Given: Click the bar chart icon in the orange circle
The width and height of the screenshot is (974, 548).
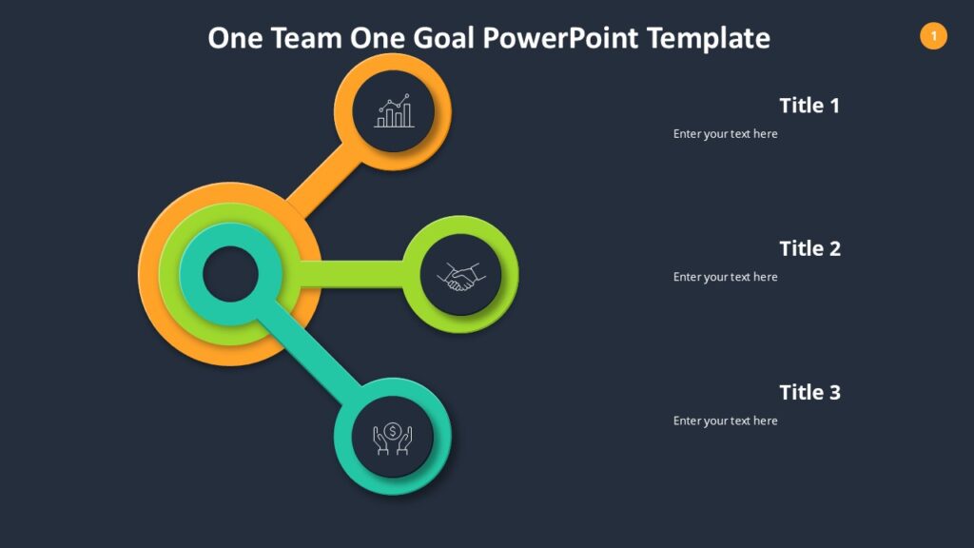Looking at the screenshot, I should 394,111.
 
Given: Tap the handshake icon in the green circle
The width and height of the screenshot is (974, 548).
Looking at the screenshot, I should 461,276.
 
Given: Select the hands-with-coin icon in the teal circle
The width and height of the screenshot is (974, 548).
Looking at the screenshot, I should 393,438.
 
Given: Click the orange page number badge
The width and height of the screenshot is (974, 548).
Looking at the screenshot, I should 933,36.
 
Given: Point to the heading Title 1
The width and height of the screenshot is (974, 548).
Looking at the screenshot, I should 809,106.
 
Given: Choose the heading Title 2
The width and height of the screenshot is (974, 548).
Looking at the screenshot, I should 809,249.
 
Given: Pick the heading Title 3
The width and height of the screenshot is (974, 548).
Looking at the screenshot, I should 809,392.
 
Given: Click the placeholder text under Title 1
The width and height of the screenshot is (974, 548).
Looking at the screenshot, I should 725,134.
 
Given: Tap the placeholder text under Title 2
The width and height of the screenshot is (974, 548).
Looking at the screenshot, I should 725,277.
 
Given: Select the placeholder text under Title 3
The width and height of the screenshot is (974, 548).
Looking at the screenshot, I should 725,421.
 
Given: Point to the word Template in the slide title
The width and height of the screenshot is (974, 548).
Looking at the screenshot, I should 708,38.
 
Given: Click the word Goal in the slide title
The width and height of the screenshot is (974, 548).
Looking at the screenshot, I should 444,38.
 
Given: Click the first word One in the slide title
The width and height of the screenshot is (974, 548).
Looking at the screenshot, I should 235,38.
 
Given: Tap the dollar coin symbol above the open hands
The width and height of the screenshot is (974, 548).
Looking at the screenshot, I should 393,430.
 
